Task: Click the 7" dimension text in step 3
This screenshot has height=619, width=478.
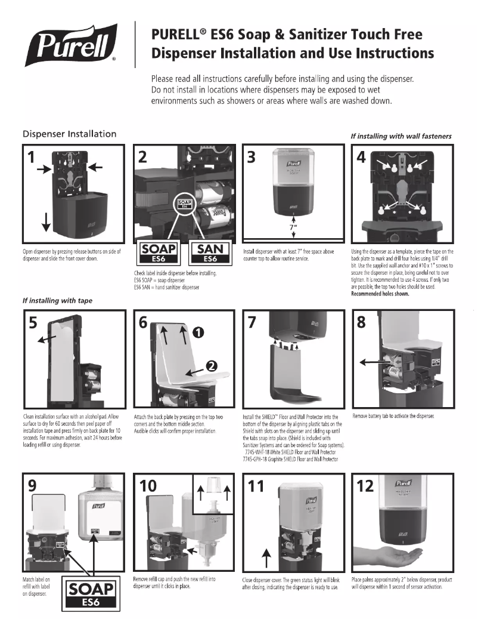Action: point(293,226)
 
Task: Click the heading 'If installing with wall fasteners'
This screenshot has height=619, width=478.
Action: point(401,136)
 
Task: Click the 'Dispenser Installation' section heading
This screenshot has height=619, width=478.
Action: point(69,134)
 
